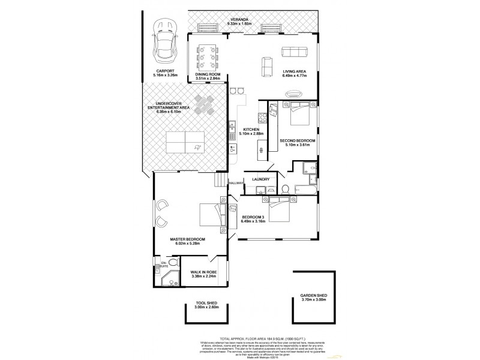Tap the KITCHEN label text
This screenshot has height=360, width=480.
(251, 128)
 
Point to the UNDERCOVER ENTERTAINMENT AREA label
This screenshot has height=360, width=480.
(169, 105)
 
